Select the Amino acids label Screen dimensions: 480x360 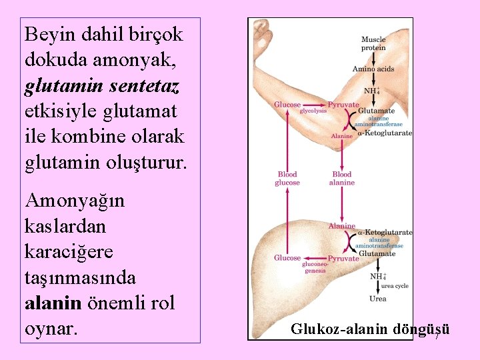[x=373, y=69]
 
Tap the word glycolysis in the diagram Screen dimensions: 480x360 [x=313, y=112]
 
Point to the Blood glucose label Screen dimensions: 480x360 [x=287, y=179]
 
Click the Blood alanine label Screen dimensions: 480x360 [x=342, y=179]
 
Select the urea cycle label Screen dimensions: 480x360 [x=395, y=285]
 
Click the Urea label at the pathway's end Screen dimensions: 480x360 [x=378, y=299]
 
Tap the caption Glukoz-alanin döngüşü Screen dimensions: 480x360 [x=370, y=329]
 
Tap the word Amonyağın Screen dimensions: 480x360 [x=74, y=201]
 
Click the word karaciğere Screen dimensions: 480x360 [x=68, y=252]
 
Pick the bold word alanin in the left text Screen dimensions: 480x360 [x=53, y=303]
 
